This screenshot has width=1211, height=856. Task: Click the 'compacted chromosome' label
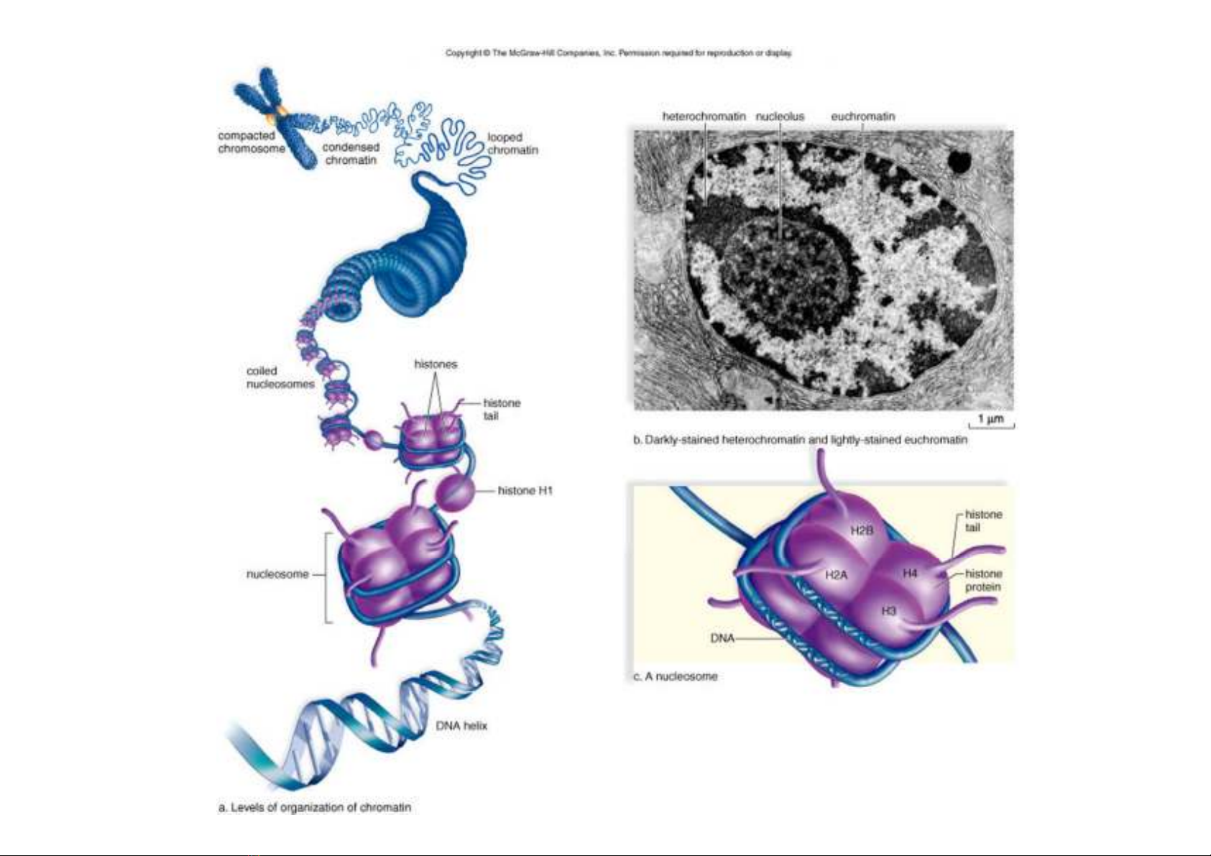(252, 142)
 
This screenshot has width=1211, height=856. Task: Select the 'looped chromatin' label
(512, 143)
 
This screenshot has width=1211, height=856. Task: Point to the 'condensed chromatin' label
(351, 154)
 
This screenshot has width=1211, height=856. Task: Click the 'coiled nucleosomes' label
(280, 377)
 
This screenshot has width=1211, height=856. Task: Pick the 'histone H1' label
(525, 490)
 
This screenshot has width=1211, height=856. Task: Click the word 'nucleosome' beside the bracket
(277, 574)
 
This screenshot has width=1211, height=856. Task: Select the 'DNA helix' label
(461, 726)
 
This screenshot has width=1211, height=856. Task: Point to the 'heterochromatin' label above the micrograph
(704, 116)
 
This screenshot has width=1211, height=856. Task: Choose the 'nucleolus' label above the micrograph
(780, 116)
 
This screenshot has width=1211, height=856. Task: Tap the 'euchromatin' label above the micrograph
(863, 116)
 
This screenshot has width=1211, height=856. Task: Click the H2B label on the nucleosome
(862, 530)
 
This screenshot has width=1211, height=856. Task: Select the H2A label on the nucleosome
(836, 576)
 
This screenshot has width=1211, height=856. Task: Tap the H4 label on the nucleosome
(910, 573)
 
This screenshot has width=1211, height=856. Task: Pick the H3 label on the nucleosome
(889, 610)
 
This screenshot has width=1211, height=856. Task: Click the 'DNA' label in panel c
(722, 638)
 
